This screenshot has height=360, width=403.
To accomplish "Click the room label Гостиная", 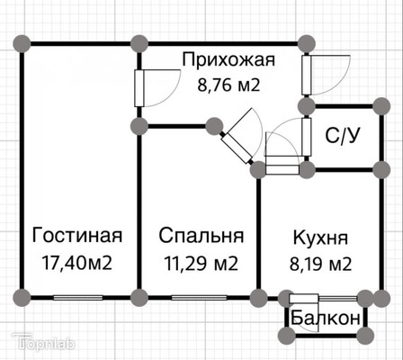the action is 77,235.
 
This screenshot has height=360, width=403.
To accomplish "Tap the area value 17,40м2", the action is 77,263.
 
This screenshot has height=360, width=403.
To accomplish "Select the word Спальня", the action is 201,236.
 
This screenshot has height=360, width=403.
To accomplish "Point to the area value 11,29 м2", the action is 201,264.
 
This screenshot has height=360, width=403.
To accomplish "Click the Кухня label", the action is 320,238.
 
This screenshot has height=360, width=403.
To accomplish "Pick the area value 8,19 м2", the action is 320,264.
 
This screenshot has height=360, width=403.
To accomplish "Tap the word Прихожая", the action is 228,59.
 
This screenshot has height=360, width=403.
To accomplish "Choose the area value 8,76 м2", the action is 228,85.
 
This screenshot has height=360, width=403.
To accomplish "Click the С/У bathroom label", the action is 342,136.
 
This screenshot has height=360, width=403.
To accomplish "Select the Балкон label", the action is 326,318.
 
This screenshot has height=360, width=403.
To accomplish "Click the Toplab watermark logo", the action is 43,342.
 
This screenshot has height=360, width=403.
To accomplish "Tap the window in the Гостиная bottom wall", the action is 77,298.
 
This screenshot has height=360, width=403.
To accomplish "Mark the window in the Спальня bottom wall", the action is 199,298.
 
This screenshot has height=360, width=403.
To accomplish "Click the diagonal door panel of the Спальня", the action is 237,148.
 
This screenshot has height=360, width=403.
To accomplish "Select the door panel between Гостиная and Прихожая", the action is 139,88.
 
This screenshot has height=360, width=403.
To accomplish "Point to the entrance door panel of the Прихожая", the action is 307,75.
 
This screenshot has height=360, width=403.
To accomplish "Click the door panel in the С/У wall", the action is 307,137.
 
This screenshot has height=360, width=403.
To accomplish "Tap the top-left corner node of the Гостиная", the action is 22,44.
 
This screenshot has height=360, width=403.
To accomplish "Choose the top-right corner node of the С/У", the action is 381,106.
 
